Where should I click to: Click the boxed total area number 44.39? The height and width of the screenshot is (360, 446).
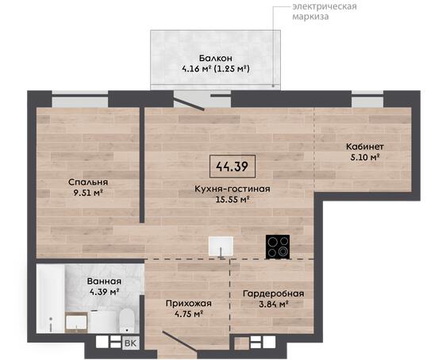[232, 167]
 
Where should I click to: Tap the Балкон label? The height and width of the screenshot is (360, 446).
[216, 58]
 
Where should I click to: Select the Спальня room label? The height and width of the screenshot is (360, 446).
[88, 182]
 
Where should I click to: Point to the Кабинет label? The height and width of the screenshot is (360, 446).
[365, 147]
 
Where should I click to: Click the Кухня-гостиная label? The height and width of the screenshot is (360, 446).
[233, 189]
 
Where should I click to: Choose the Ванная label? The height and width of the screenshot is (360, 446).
[104, 281]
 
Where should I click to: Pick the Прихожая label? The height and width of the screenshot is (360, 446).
[189, 304]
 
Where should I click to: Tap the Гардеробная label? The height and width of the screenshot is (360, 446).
[273, 293]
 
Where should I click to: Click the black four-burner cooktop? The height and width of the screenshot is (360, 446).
[278, 247]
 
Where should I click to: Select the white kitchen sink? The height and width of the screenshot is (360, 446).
[221, 247]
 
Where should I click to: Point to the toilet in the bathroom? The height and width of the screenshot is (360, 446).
[126, 321]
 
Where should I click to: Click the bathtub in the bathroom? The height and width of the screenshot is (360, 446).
[51, 299]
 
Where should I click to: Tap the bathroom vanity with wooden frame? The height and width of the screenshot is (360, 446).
[76, 322]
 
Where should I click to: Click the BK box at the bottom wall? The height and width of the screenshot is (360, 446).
[131, 343]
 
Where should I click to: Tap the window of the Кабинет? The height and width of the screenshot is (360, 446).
[367, 99]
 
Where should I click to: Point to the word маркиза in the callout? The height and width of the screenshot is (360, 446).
[310, 16]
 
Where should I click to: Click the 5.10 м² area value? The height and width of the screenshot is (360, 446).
[365, 157]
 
